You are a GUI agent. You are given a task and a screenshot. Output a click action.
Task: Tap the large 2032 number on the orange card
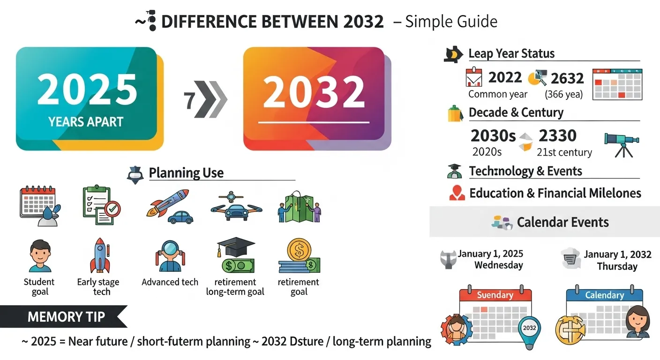[314, 91]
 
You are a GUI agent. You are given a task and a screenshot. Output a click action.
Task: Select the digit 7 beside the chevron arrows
[190, 100]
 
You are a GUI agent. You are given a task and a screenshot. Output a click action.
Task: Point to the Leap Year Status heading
[511, 53]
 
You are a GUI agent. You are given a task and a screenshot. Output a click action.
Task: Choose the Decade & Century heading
[516, 112]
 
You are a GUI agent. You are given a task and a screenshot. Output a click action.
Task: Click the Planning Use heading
[186, 173]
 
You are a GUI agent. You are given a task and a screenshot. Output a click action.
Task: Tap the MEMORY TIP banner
[66, 317]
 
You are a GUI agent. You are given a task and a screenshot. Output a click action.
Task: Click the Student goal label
[39, 286]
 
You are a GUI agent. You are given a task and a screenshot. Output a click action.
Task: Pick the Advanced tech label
[170, 282]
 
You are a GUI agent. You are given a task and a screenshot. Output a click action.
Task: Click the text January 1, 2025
[490, 254]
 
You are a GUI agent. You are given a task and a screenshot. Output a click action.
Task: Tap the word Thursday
[617, 266]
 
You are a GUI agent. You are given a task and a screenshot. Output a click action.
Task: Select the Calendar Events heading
[562, 222]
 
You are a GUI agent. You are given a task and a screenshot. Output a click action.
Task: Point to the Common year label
[498, 94]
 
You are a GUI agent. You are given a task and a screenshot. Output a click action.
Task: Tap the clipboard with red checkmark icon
[100, 205]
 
